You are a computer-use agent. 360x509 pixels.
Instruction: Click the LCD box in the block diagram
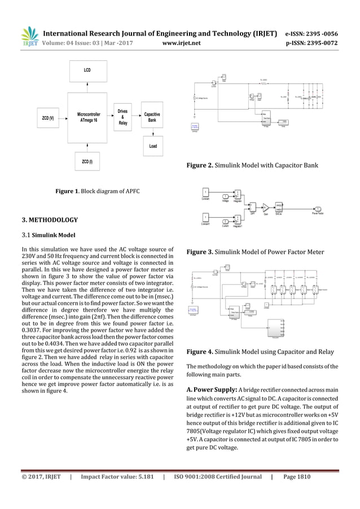tap(87, 71)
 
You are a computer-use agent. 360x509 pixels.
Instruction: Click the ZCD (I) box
tap(87, 162)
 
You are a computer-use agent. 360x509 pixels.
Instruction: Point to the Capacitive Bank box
tap(152, 117)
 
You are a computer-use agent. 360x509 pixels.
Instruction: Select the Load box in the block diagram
tap(153, 146)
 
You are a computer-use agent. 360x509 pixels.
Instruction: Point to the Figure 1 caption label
tap(69, 192)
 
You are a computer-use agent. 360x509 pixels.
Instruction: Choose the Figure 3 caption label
tap(200, 252)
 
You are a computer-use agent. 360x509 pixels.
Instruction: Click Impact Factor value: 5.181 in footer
tap(116, 477)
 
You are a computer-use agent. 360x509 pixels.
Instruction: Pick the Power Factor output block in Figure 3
tap(319, 210)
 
